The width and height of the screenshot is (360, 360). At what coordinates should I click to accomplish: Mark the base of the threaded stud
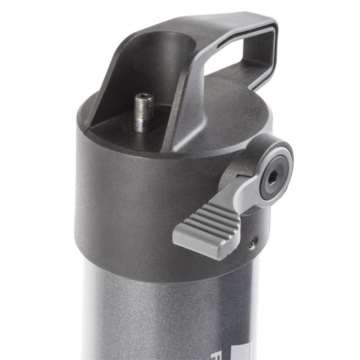tap(142, 129)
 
